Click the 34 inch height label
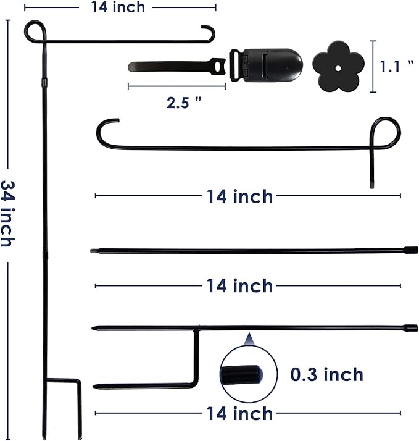[x=7, y=213]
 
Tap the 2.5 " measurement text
[x=184, y=103]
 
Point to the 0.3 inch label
[x=326, y=374]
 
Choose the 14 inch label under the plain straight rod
[x=239, y=286]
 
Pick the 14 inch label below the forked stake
[x=239, y=413]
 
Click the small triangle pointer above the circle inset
[x=249, y=338]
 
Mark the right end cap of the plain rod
[x=408, y=250]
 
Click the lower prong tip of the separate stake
[x=96, y=387]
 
